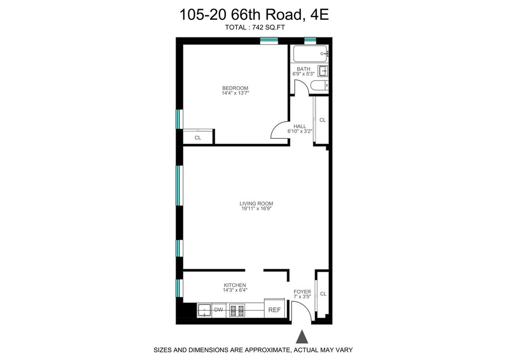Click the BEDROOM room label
click(235, 88)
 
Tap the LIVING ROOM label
click(256, 203)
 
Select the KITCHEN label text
click(235, 285)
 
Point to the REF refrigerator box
click(274, 310)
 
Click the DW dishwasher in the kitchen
click(219, 310)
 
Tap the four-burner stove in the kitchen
click(237, 310)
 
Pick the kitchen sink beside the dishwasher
click(204, 310)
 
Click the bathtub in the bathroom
click(311, 54)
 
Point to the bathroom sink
click(323, 71)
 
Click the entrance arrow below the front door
click(302, 337)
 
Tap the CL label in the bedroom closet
click(198, 138)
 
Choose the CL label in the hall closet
click(322, 120)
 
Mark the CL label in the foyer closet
click(323, 294)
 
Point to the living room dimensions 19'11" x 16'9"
click(256, 208)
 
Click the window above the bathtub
click(310, 41)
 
